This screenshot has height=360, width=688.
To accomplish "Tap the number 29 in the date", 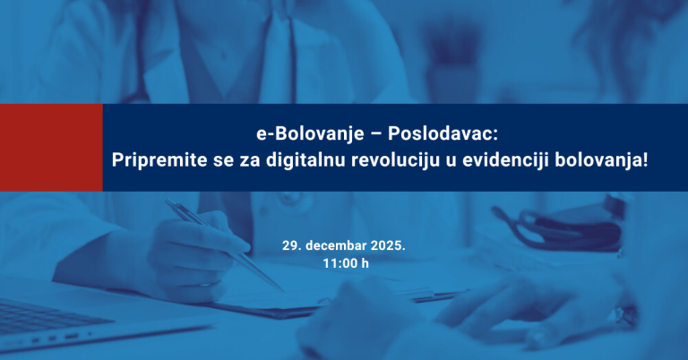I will coord(288,244).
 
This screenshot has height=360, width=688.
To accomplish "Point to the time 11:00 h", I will coord(345,263).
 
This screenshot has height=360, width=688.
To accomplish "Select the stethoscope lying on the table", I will coord(573,228).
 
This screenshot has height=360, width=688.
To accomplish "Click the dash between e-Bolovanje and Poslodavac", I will coord(378,134).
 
